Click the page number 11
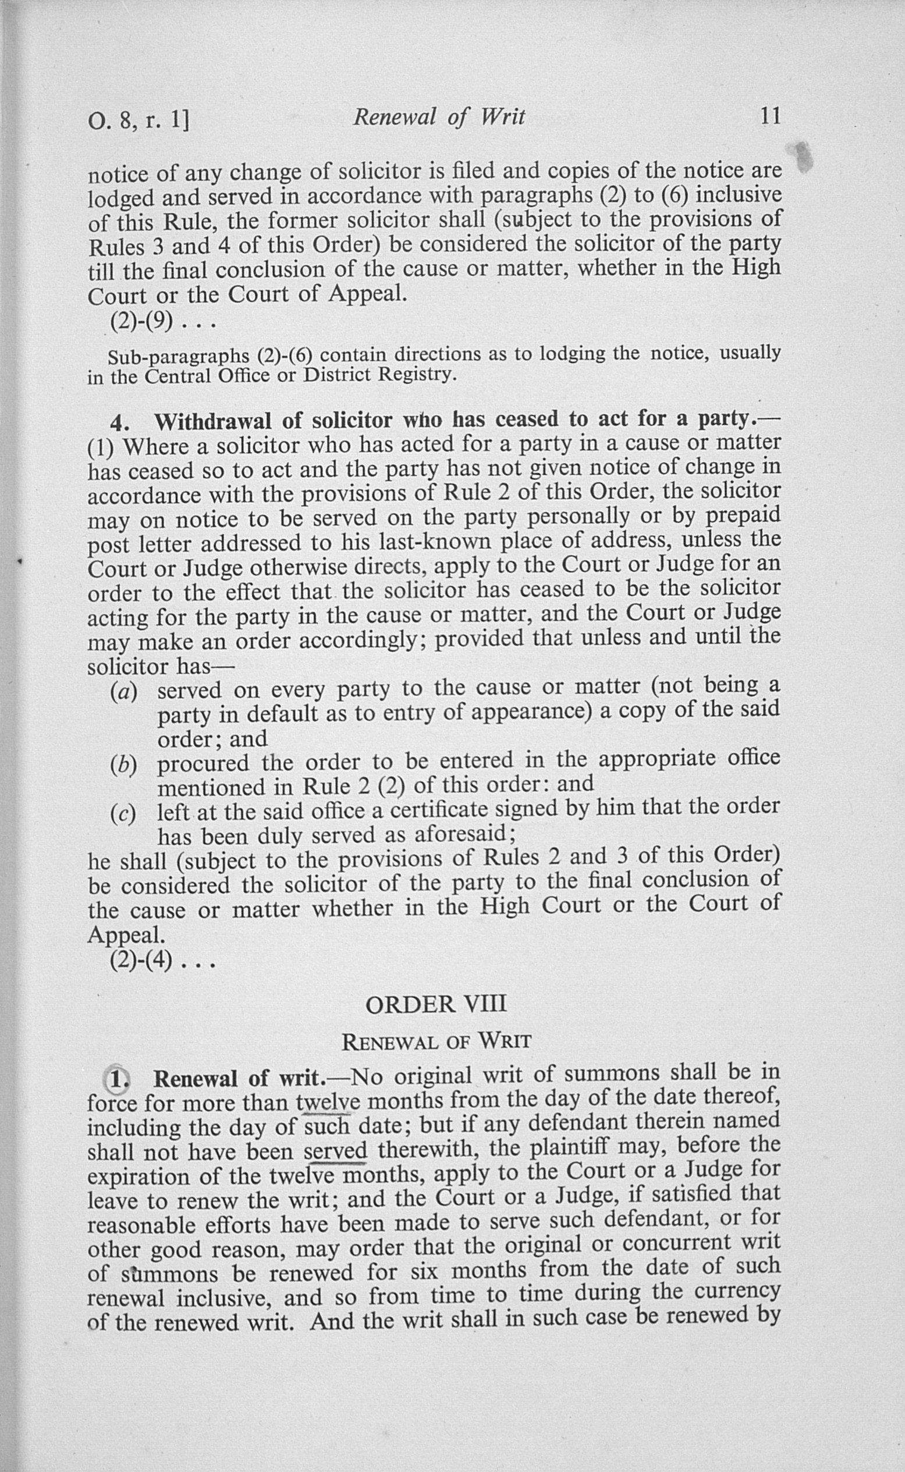point(771,116)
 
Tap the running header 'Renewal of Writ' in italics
point(439,117)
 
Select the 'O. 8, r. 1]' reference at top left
point(139,121)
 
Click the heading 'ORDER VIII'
point(436,1004)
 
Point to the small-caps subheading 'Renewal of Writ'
point(436,1042)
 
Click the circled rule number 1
point(118,1079)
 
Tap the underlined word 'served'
point(335,1152)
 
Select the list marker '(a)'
point(124,692)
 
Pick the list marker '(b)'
point(124,765)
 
